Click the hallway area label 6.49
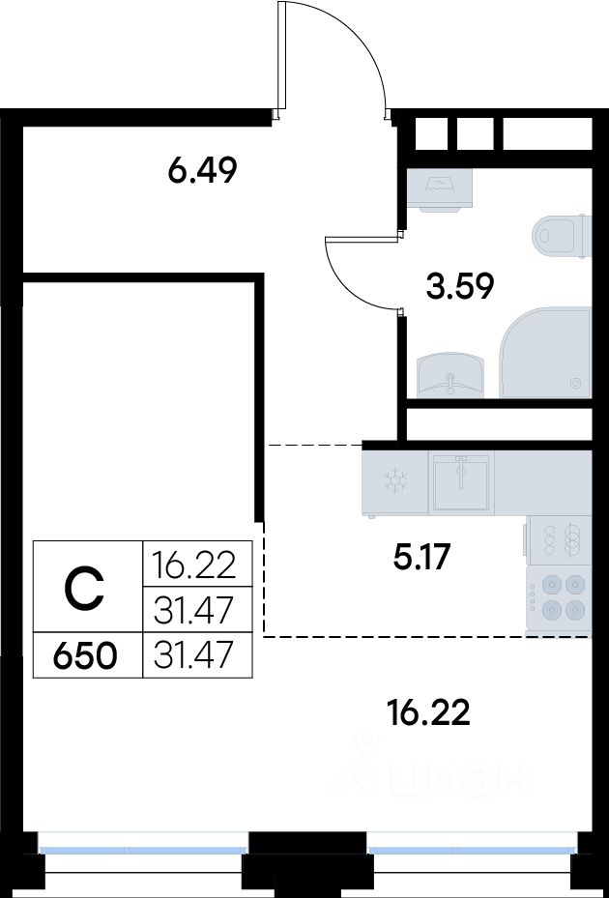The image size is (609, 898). [202, 170]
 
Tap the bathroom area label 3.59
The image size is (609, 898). [459, 286]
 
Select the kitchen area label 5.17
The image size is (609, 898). [422, 557]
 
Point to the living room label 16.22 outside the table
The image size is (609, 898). [428, 712]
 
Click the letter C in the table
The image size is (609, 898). [84, 588]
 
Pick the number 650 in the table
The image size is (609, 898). [85, 655]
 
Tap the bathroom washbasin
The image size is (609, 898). [450, 375]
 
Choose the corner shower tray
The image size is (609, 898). [545, 352]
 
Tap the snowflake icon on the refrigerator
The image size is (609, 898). [395, 480]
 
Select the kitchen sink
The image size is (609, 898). [461, 481]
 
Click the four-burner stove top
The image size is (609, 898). [559, 599]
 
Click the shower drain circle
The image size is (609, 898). [576, 383]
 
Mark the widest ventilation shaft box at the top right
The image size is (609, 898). [546, 134]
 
